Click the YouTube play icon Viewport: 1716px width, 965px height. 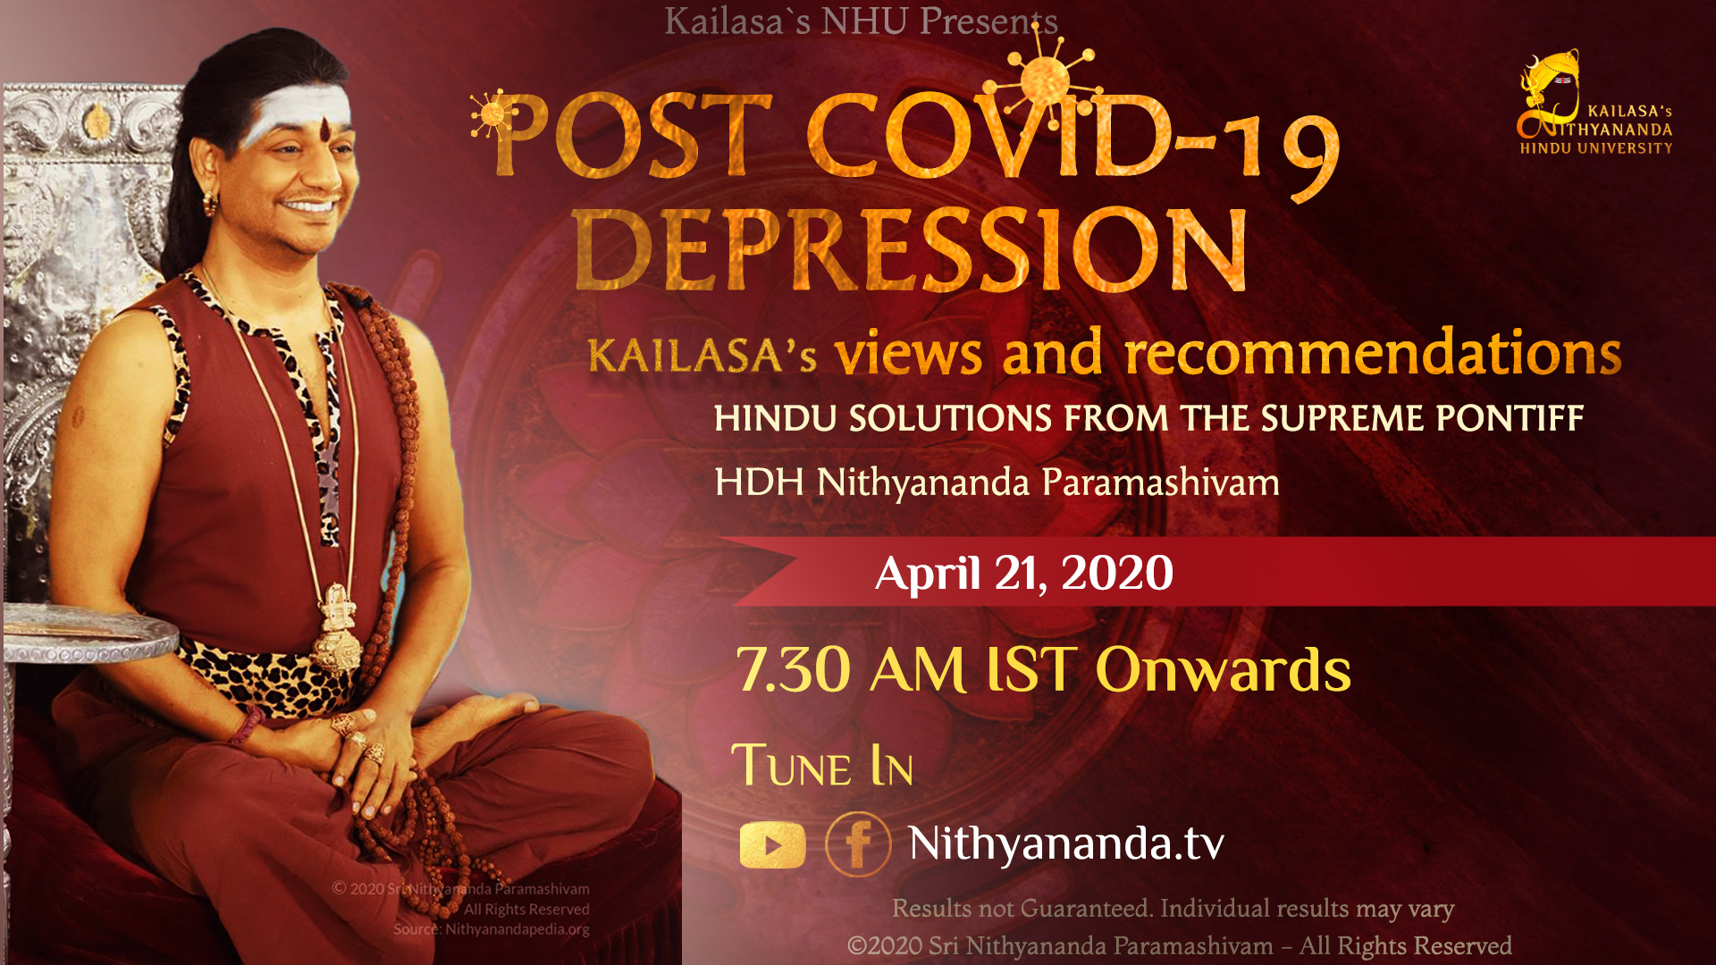coord(772,844)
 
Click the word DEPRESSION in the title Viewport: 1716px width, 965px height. coord(910,250)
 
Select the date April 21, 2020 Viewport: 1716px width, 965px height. coord(1024,573)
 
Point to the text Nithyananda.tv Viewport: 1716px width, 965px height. coord(1066,843)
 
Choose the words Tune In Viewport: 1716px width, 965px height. coord(822,766)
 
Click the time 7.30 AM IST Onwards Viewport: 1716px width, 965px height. coord(1043,669)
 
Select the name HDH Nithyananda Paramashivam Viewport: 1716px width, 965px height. coord(997,482)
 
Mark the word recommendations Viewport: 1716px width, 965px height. coord(1373,353)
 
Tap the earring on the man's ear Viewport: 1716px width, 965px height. coord(210,204)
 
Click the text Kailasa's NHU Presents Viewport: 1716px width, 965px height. coord(862,21)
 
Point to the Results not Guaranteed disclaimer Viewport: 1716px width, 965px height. coord(1173,909)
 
